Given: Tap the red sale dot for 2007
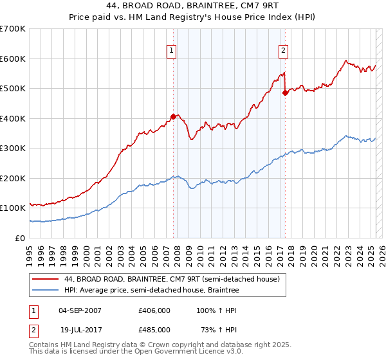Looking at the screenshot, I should (x=173, y=116).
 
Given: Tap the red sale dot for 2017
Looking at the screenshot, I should (x=285, y=93).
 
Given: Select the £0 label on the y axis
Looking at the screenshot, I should (x=21, y=238).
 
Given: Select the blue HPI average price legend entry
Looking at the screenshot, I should (x=151, y=291).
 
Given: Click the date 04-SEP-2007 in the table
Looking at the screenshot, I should (x=80, y=310).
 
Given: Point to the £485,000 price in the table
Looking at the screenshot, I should (x=154, y=329).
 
